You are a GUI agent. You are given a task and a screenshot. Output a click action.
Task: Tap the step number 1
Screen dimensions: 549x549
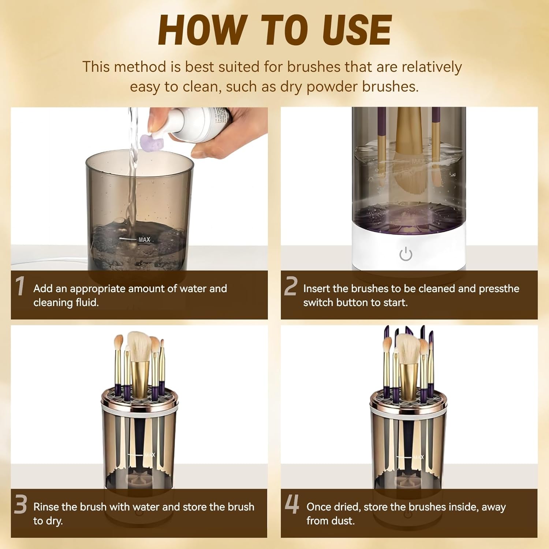(x=20, y=286)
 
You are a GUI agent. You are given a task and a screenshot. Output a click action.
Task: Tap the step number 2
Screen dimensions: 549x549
(x=291, y=286)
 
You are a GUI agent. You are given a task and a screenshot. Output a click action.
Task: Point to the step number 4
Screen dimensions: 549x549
(x=292, y=504)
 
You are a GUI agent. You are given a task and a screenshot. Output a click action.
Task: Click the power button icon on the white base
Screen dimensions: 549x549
(x=406, y=254)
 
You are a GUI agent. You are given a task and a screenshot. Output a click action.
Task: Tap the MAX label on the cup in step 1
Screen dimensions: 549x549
(x=144, y=239)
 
